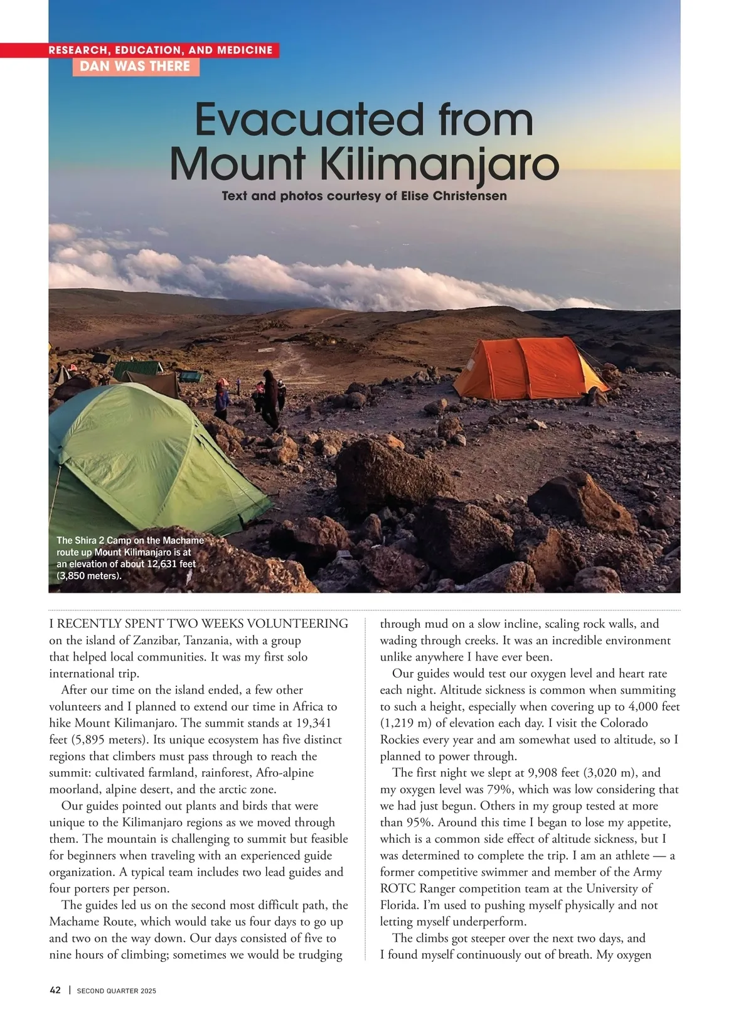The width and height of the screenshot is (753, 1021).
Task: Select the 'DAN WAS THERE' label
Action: click(136, 67)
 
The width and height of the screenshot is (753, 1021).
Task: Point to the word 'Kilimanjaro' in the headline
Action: click(439, 165)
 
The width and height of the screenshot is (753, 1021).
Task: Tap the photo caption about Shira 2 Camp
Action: click(129, 558)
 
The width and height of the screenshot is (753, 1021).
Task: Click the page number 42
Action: click(55, 990)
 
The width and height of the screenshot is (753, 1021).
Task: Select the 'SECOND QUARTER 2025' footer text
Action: click(117, 991)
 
